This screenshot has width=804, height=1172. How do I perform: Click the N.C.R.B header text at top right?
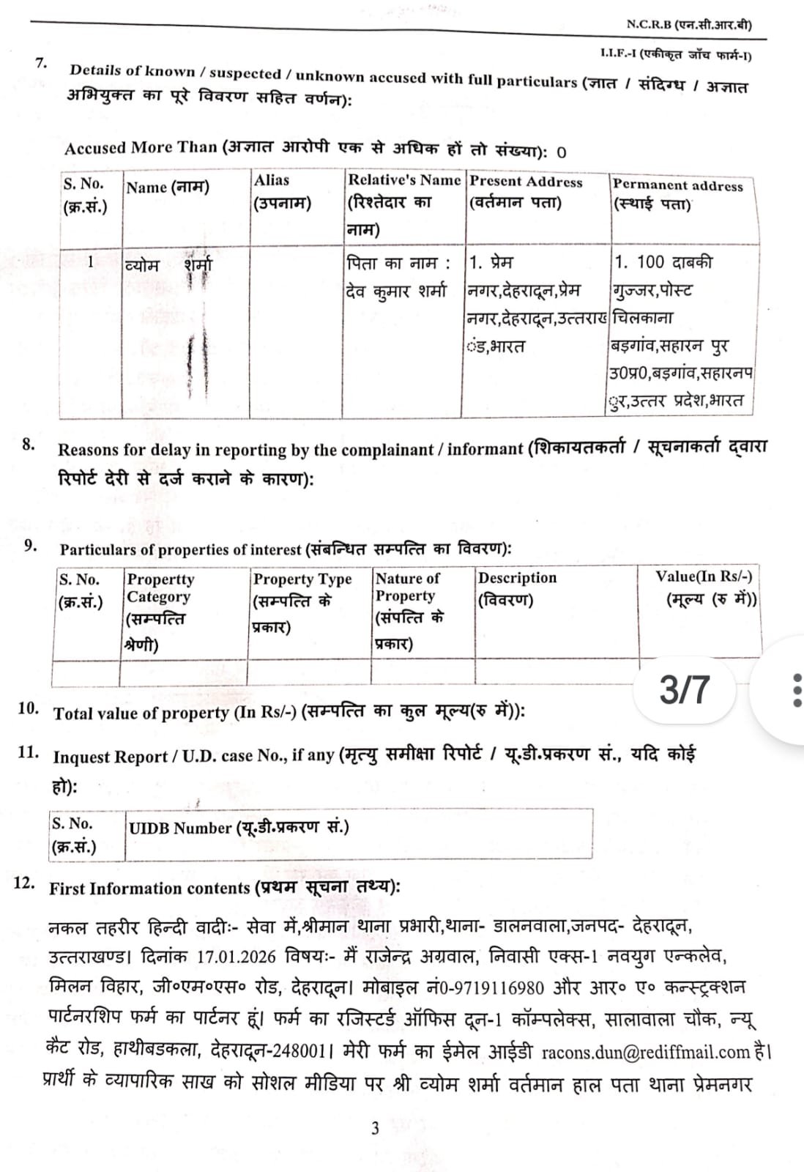(x=688, y=24)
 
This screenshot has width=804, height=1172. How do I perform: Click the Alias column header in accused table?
(x=282, y=191)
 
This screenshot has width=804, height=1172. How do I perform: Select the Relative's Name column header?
(x=403, y=204)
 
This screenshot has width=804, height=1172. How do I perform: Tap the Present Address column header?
(x=526, y=191)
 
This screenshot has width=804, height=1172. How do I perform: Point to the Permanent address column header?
(x=677, y=194)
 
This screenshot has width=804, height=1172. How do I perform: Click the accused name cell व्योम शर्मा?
(x=169, y=264)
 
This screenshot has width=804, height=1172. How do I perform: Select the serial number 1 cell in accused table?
(x=90, y=262)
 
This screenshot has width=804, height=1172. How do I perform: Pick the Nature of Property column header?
(x=409, y=609)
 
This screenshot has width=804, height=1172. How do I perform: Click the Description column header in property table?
(x=517, y=587)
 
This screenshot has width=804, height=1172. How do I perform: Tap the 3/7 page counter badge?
(x=684, y=689)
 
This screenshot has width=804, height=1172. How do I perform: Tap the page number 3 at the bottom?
(x=376, y=1128)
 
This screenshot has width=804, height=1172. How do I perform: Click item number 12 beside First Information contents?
(x=24, y=883)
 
